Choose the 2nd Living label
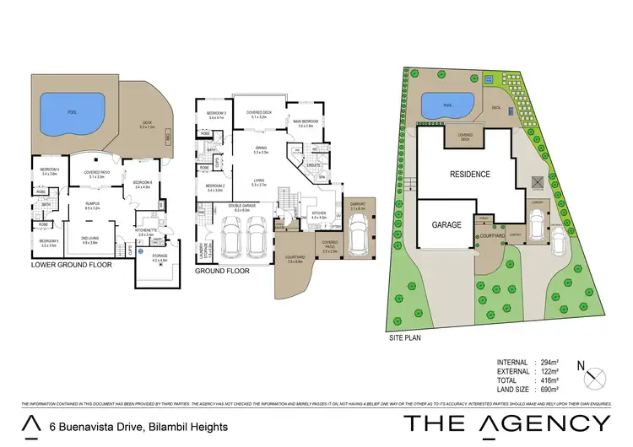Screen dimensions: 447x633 [x=89, y=240]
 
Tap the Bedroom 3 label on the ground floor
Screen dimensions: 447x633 [x=216, y=115]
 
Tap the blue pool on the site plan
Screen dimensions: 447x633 [x=446, y=106]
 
